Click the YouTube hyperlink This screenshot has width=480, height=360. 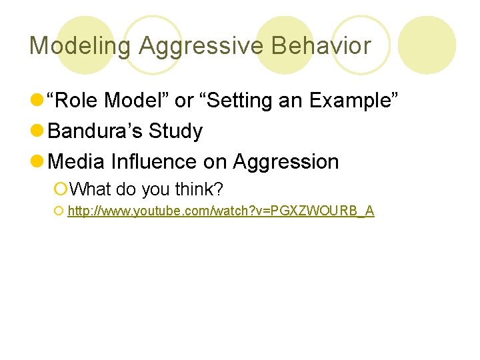[x=221, y=211]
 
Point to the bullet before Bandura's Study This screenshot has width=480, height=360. [x=38, y=131]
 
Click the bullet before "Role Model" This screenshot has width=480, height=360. [x=38, y=101]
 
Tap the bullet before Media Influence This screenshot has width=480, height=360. [x=38, y=162]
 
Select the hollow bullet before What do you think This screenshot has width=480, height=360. [x=61, y=190]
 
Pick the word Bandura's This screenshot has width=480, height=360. [x=95, y=131]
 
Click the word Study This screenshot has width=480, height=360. [x=175, y=131]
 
